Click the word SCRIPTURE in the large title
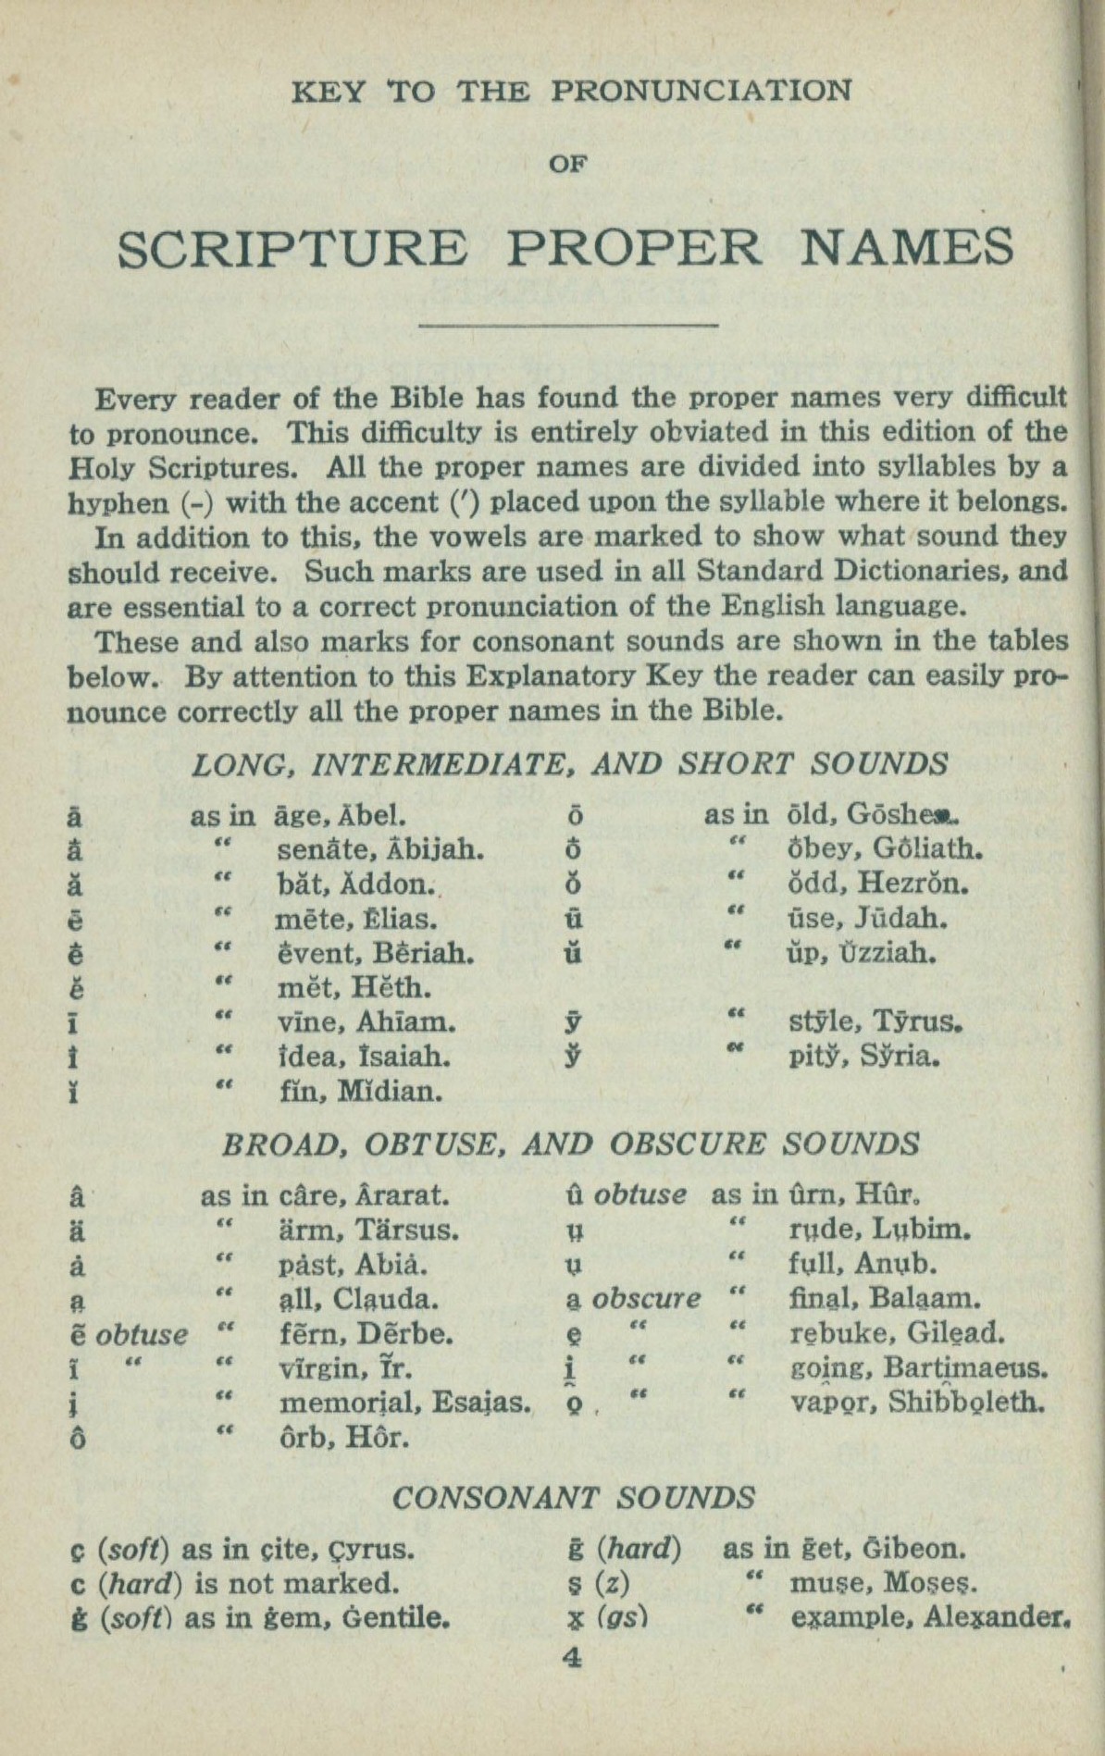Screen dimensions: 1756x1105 293,249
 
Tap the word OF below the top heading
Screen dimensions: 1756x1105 569,165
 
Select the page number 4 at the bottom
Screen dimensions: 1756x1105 572,1658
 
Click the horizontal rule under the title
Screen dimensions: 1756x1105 569,325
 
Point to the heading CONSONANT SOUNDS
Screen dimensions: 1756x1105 573,1497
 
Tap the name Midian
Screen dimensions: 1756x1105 390,1092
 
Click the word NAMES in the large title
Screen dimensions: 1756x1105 906,249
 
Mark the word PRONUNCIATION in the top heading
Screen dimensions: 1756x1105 701,92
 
